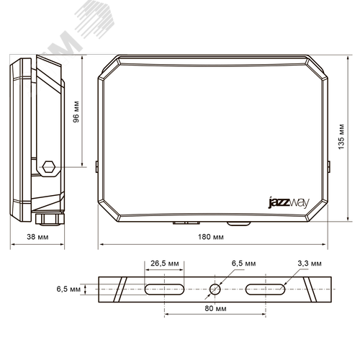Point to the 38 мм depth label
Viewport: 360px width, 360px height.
click(37, 236)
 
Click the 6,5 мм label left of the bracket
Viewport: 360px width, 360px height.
click(69, 289)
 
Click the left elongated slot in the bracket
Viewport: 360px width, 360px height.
click(164, 289)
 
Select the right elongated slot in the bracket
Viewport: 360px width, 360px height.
click(266, 289)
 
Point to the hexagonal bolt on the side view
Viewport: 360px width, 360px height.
click(48, 166)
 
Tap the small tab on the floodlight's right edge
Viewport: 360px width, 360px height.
click(330, 167)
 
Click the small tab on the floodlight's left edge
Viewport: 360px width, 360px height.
click(96, 166)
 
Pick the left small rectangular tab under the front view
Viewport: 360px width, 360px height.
click(179, 222)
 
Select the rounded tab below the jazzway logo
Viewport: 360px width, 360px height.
click(237, 223)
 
